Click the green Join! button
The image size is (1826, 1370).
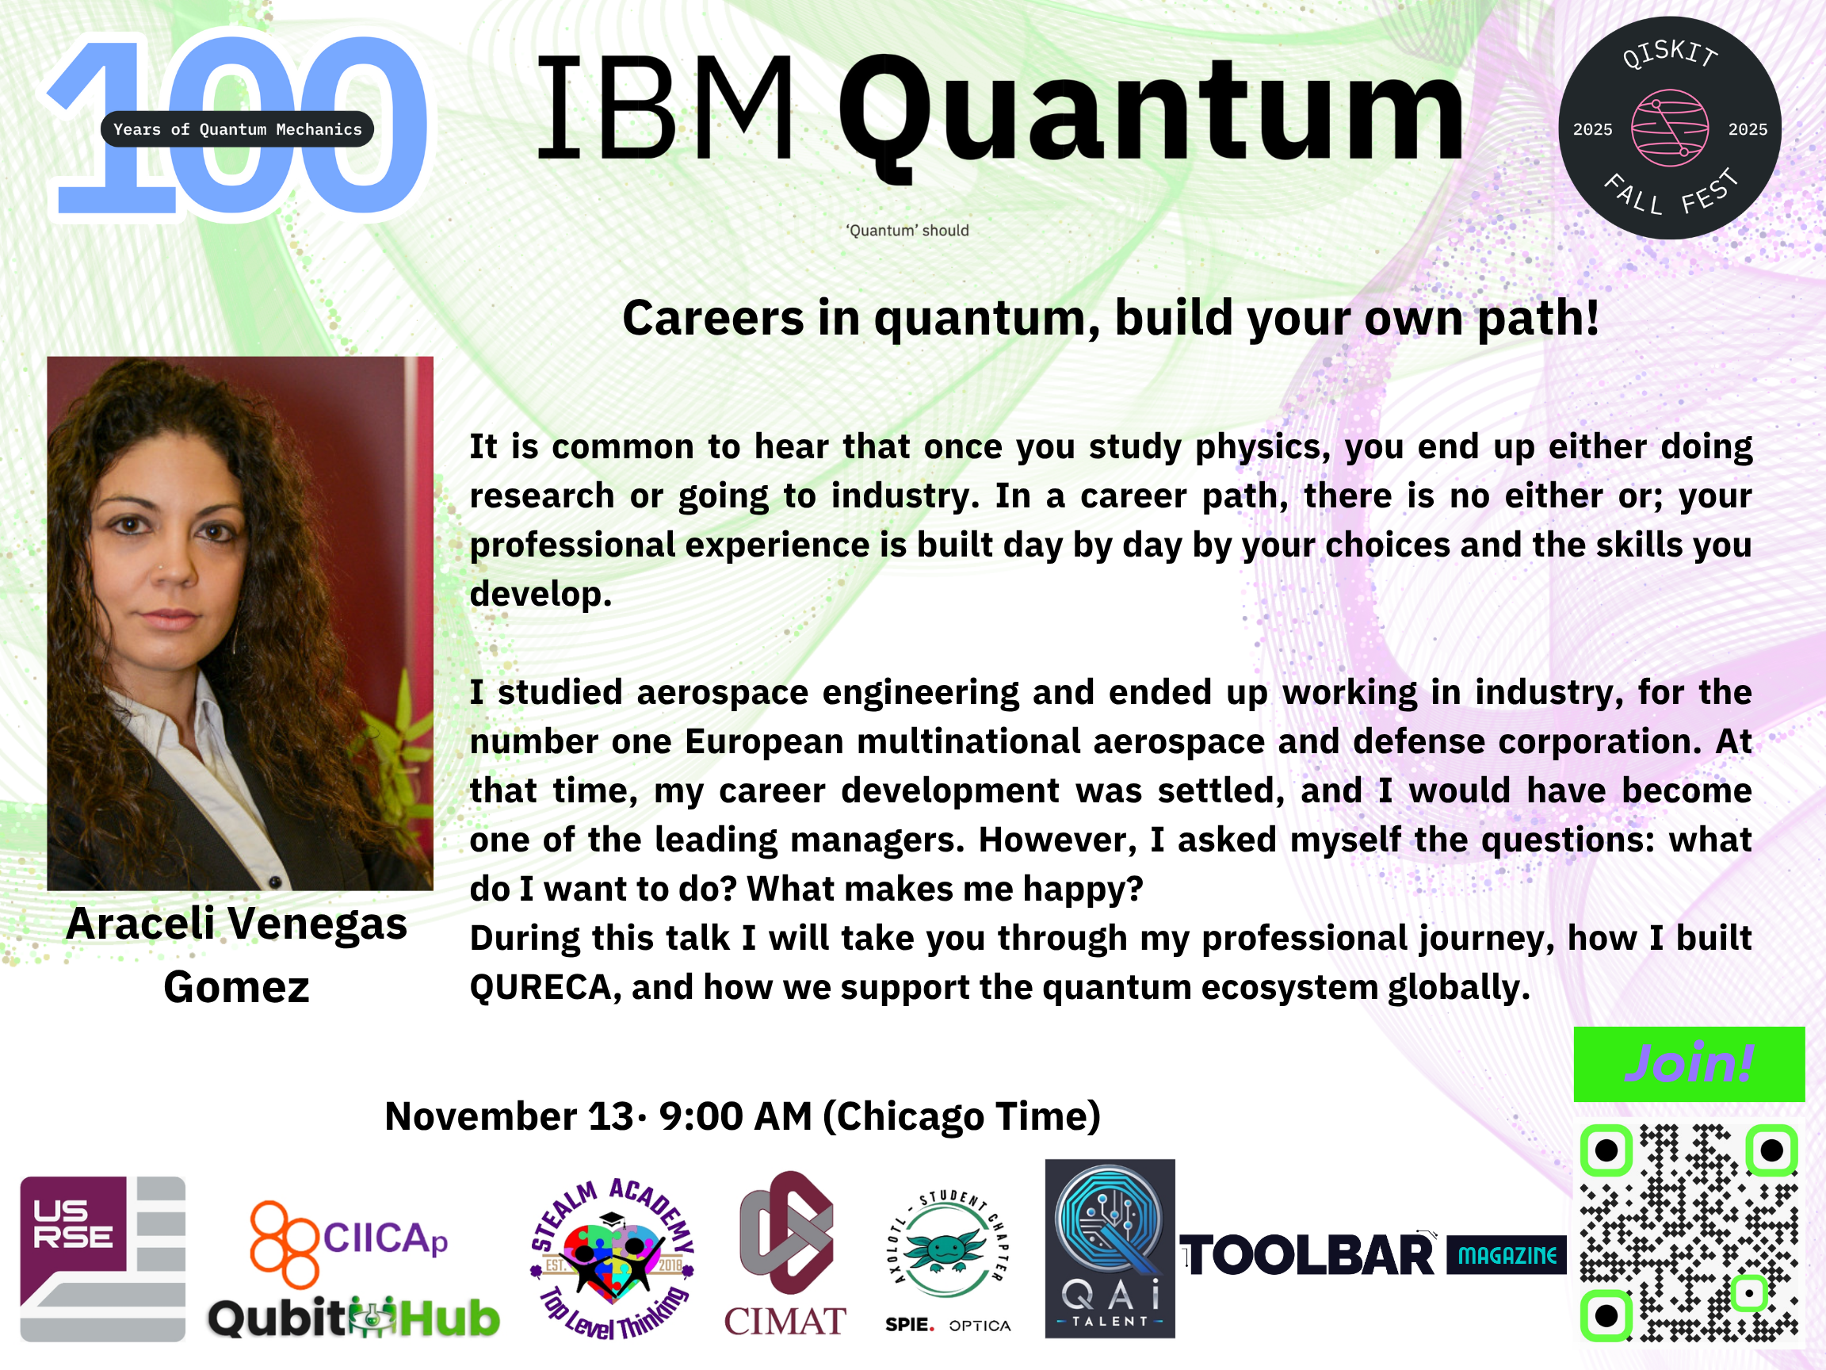coord(1689,1064)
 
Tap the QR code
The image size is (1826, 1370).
coord(1689,1233)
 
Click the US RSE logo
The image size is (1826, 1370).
coord(102,1258)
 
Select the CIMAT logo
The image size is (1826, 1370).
coord(785,1253)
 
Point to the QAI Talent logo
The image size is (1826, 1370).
coord(1110,1248)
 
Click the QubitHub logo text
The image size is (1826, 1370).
coord(353,1318)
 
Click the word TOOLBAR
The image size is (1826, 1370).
coord(1308,1256)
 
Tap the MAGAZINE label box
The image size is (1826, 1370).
coord(1507,1255)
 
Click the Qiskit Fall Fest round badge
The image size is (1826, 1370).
coord(1669,128)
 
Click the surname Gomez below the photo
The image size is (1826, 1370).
coord(237,988)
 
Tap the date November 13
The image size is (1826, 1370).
coord(510,1116)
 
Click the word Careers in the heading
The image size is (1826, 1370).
coord(713,318)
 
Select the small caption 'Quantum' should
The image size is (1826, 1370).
coord(907,231)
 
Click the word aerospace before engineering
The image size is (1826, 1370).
coord(722,693)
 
